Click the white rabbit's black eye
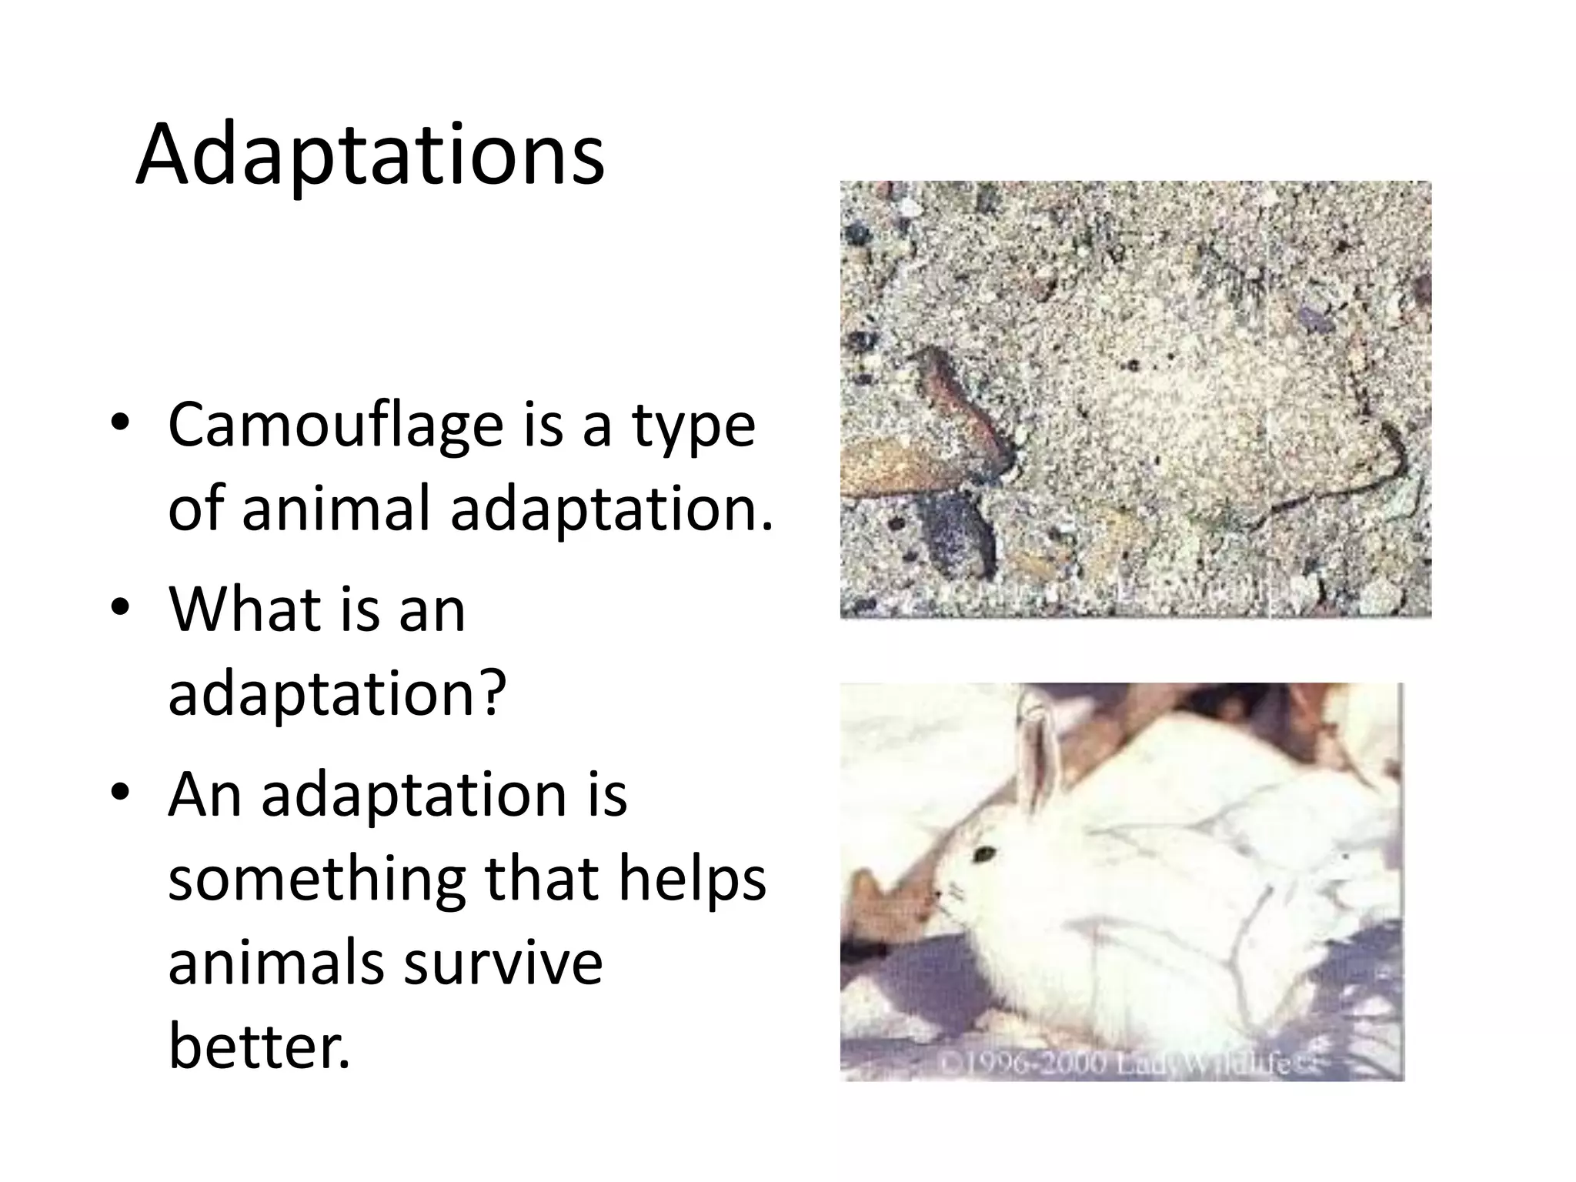point(983,853)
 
